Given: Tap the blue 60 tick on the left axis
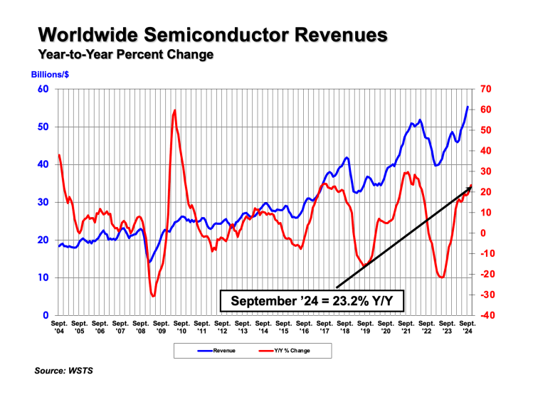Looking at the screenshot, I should [x=43, y=89].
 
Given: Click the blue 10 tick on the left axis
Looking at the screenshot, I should [x=43, y=277].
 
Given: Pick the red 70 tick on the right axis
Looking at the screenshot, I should [x=486, y=89].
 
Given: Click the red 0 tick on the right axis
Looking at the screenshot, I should [x=483, y=233].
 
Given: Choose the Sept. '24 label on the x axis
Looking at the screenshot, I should [x=468, y=327].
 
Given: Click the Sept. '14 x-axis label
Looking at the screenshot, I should [x=263, y=327].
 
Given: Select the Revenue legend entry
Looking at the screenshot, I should [x=217, y=351].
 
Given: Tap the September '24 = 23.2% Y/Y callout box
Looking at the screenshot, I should [x=311, y=301].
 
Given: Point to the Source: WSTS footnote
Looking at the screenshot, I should [x=65, y=371].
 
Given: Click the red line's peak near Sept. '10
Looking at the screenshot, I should [x=174, y=110].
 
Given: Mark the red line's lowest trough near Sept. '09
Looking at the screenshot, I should [x=153, y=295].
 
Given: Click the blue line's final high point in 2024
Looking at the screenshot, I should [x=468, y=107].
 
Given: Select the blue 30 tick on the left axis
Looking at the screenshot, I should [x=43, y=202].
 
